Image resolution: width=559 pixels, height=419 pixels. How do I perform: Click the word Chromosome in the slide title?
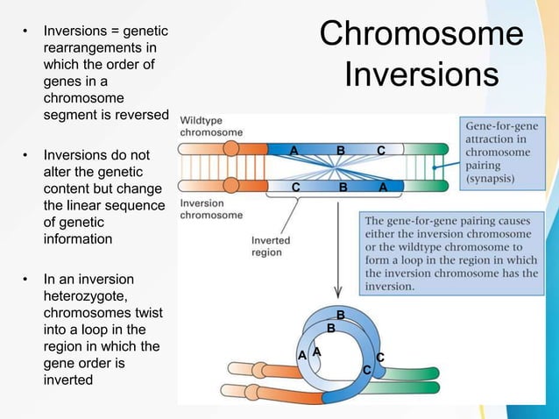(x=421, y=34)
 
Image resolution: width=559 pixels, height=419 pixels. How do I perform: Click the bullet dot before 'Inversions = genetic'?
(x=25, y=33)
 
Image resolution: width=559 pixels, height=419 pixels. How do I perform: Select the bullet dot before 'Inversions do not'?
(x=25, y=156)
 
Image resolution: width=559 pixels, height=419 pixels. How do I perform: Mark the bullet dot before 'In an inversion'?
(x=25, y=280)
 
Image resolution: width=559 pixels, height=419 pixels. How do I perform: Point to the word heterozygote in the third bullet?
(x=84, y=296)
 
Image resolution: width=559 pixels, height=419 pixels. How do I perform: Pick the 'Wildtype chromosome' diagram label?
(x=211, y=125)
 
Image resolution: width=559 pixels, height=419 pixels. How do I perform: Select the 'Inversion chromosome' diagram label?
(x=211, y=209)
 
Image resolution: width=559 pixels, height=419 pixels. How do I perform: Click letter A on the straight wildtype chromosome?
(x=294, y=151)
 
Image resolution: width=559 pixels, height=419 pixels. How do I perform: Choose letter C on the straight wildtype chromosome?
(x=381, y=151)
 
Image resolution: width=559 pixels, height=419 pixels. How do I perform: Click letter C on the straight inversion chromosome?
(x=296, y=188)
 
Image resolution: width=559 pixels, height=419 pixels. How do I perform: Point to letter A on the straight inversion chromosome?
(x=384, y=188)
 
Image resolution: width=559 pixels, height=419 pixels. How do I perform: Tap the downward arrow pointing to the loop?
(x=337, y=263)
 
